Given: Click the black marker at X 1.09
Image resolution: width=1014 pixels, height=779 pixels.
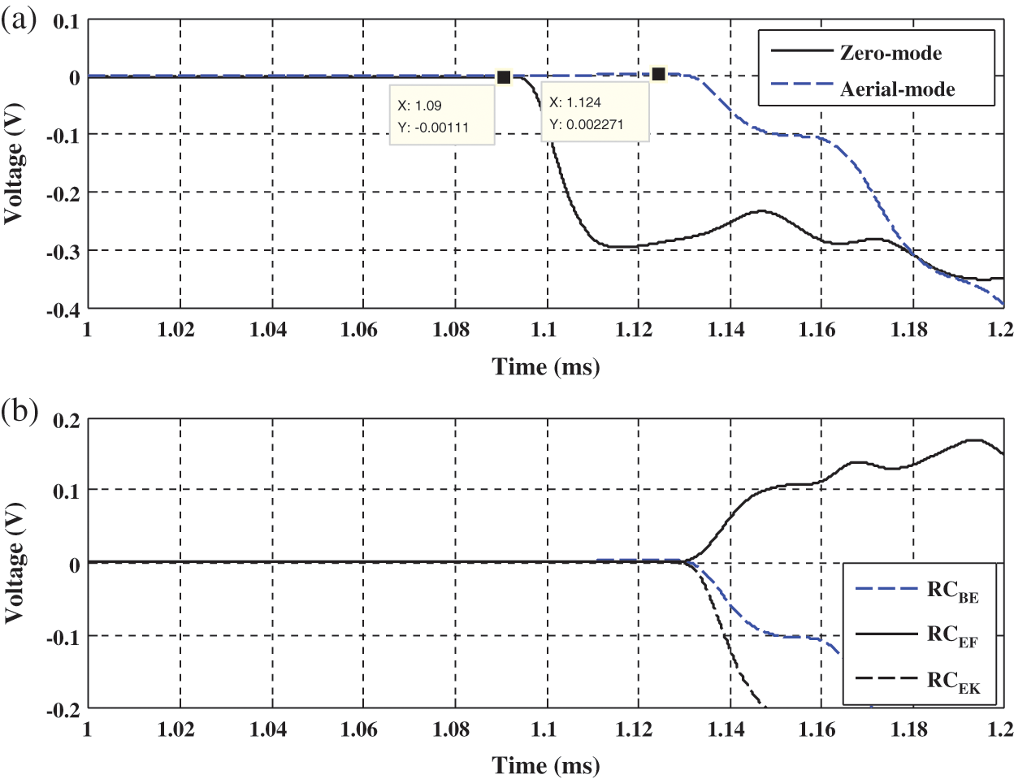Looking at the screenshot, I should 504,77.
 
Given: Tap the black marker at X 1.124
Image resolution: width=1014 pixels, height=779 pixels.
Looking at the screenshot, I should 659,75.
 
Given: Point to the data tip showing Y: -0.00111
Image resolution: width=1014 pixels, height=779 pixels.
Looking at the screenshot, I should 442,115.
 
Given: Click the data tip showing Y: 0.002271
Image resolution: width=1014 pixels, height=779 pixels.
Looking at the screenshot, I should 595,113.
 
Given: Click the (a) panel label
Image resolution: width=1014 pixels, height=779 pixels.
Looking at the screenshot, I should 19,19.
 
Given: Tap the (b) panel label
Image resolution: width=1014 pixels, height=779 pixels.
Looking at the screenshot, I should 19,412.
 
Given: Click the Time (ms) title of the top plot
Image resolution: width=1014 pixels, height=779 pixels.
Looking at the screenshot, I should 546,367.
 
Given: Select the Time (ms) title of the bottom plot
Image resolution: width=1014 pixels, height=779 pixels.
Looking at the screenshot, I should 546,765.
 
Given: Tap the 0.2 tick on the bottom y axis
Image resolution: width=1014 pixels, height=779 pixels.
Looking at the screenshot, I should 67,421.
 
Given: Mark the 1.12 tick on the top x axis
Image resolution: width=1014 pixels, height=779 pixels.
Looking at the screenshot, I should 634,329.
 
